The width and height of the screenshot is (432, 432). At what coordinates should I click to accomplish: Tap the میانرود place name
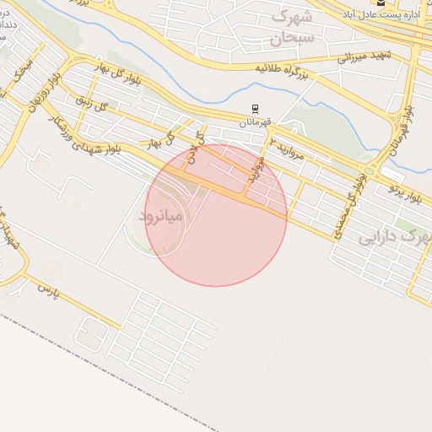(159, 217)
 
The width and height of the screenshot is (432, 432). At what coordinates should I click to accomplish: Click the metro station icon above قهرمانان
(255, 110)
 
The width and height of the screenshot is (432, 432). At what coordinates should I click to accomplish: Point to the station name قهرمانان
(254, 123)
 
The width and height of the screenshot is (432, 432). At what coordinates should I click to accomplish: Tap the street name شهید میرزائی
(362, 56)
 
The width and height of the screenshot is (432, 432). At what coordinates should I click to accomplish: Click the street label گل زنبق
(94, 106)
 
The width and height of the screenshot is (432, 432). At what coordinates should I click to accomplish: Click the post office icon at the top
(381, 3)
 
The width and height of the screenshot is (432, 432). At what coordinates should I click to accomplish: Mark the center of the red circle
(216, 215)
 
